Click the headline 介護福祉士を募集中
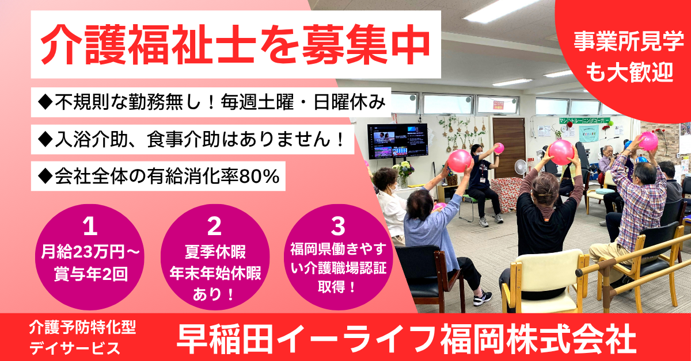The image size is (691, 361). point(236,44)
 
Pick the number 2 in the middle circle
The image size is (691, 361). point(214,226)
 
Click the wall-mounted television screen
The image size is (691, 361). point(397,141)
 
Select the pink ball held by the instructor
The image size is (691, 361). point(499,148)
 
